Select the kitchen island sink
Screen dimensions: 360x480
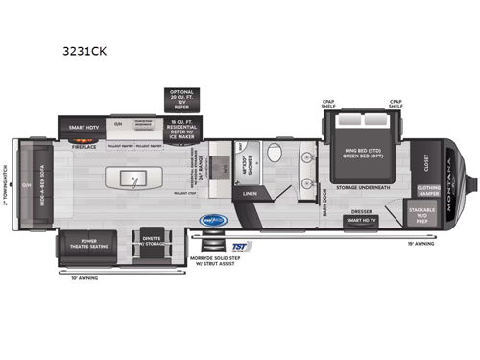pyautogui.click(x=133, y=180)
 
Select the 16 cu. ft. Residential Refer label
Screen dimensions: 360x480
pyautogui.click(x=181, y=127)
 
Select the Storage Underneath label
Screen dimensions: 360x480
pyautogui.click(x=362, y=188)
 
